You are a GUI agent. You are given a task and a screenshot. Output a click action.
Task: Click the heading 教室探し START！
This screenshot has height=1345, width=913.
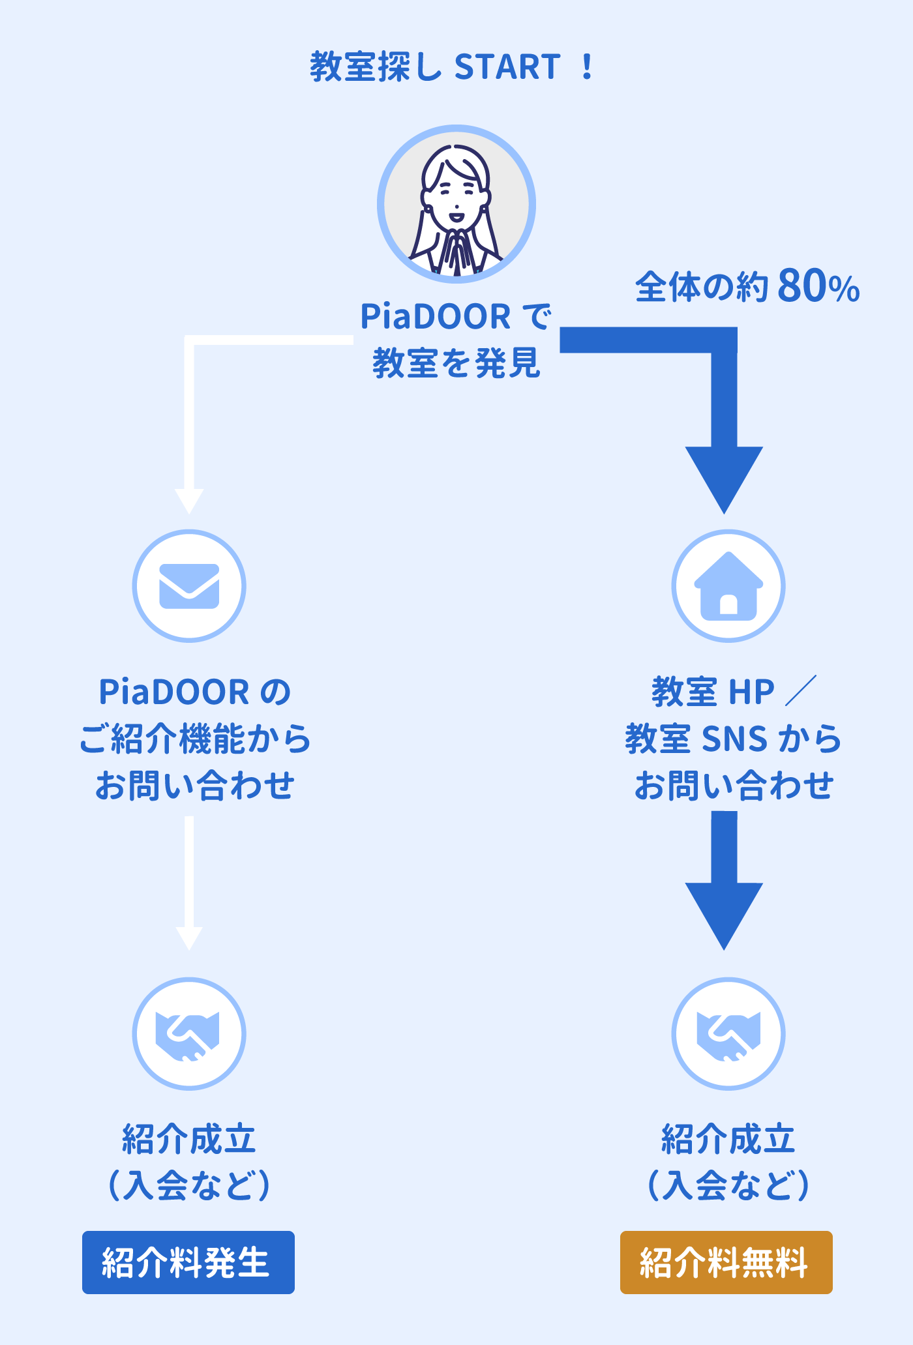[x=451, y=67]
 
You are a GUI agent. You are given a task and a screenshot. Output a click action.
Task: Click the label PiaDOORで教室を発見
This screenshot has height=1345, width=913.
[x=456, y=339]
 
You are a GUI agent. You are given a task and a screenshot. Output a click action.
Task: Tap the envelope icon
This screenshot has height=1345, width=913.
[x=189, y=585]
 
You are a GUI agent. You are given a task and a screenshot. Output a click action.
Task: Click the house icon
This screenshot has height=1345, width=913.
[x=728, y=585]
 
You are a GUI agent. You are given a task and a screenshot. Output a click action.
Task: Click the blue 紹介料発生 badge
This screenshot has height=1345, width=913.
[x=188, y=1262]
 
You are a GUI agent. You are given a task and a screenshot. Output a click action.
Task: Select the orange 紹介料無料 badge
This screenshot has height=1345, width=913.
[x=726, y=1262]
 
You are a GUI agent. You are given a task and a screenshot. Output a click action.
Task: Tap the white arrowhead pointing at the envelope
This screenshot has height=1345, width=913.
[x=189, y=501]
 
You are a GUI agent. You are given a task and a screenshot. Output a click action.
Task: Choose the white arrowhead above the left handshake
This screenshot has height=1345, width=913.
[x=189, y=938]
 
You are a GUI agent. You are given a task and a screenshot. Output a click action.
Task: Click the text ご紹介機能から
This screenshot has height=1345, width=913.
[x=195, y=738]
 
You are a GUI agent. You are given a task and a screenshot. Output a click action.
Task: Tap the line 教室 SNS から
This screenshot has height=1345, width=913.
[x=734, y=738]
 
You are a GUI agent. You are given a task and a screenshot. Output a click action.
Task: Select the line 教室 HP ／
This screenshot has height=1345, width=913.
[x=734, y=691]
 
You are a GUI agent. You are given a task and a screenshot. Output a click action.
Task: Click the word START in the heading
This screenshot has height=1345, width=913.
[x=507, y=67]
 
